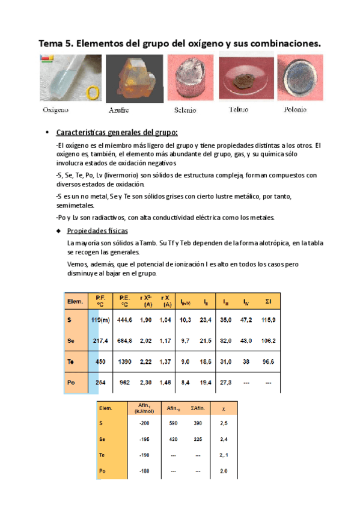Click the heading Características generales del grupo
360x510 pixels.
pyautogui.click(x=117, y=132)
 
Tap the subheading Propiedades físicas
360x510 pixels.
pyautogui.click(x=96, y=231)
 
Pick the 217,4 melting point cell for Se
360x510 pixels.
pyautogui.click(x=97, y=341)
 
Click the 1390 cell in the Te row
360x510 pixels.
pyautogui.click(x=124, y=361)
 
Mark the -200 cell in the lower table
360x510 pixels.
pyautogui.click(x=144, y=423)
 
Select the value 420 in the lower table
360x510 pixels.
pyautogui.click(x=173, y=440)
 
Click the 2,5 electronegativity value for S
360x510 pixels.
pyautogui.click(x=224, y=423)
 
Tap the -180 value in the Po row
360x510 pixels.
pyautogui.click(x=144, y=471)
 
